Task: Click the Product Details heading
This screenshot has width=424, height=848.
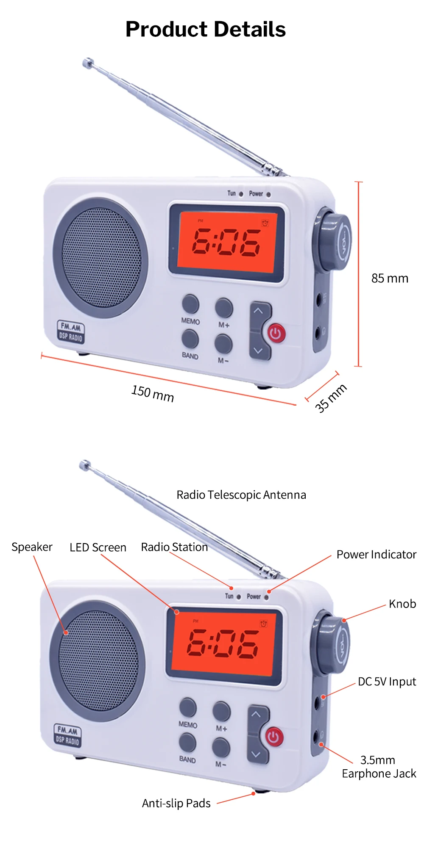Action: [206, 30]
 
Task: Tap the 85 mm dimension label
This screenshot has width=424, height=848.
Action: [390, 279]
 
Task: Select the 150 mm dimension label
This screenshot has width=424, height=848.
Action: [153, 393]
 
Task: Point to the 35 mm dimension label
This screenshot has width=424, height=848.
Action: [331, 398]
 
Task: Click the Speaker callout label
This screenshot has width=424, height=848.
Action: [32, 547]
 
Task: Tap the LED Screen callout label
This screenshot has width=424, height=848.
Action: [98, 547]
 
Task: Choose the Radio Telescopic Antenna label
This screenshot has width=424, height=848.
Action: [241, 495]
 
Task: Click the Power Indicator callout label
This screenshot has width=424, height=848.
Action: [376, 555]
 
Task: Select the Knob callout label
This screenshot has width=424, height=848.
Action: [402, 604]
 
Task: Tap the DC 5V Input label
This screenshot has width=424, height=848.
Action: [387, 682]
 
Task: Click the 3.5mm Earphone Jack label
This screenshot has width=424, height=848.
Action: [379, 767]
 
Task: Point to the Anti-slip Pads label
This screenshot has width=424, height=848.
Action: [176, 803]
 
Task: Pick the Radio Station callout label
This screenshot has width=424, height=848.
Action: [174, 547]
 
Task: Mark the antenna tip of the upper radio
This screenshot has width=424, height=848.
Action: [87, 63]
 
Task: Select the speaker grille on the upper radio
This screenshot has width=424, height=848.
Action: [101, 257]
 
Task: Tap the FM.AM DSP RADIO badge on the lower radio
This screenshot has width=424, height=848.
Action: [68, 735]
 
